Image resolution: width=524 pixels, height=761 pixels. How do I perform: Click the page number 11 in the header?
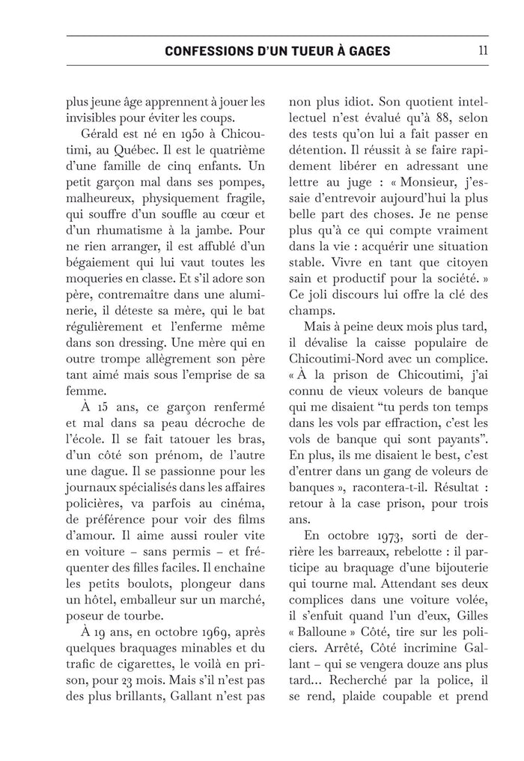point(483,52)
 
